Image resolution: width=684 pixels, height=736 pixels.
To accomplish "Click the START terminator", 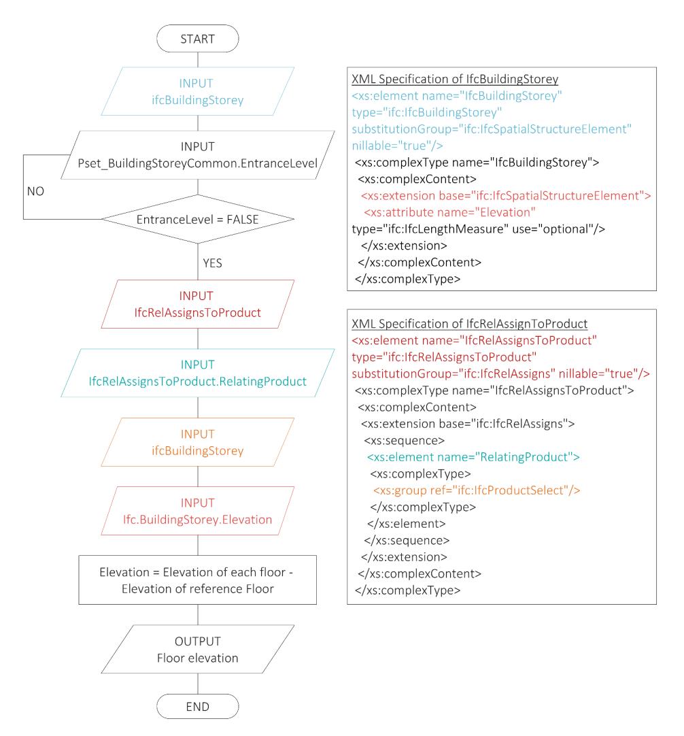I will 197,39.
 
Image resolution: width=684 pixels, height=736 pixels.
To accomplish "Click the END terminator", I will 197,705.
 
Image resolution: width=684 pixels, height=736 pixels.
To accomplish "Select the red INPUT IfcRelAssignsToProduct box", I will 197,304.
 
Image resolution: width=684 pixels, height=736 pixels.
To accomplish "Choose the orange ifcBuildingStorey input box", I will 197,442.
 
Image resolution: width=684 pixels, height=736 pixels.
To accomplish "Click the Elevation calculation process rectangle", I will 197,580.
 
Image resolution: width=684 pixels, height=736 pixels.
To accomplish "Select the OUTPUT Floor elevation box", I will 197,650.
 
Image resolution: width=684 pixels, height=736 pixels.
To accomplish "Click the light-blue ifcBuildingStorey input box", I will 197,92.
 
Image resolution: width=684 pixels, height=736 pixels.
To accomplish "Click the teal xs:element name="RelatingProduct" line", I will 473,456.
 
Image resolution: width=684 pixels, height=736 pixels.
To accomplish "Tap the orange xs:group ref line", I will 475,490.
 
